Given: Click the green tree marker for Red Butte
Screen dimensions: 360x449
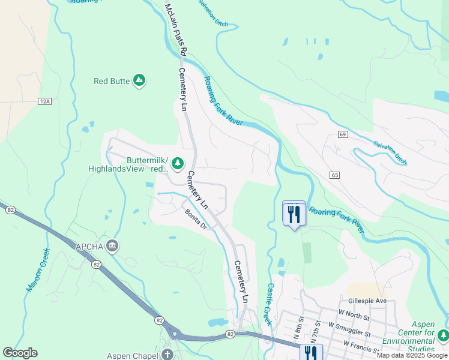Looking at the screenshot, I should pyautogui.click(x=139, y=80).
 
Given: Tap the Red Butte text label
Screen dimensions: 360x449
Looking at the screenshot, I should pyautogui.click(x=112, y=81).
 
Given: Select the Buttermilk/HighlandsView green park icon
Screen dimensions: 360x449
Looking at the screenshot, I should pyautogui.click(x=178, y=163).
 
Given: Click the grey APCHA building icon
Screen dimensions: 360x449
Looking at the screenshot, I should pyautogui.click(x=112, y=246).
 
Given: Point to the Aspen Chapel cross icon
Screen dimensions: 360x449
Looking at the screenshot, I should pyautogui.click(x=166, y=355).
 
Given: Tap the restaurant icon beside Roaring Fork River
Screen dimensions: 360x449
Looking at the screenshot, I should pyautogui.click(x=294, y=214).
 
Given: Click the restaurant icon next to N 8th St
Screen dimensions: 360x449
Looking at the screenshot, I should pyautogui.click(x=310, y=353).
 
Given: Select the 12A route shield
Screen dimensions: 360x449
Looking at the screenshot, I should pyautogui.click(x=44, y=101).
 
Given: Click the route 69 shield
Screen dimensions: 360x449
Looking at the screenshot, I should pyautogui.click(x=343, y=134).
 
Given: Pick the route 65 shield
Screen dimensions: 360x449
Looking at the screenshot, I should pyautogui.click(x=335, y=175).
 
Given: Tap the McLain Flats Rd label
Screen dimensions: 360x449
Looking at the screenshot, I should pyautogui.click(x=175, y=29).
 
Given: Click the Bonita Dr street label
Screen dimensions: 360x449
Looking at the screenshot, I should pyautogui.click(x=196, y=220).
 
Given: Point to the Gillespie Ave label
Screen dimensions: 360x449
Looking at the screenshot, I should pyautogui.click(x=367, y=301).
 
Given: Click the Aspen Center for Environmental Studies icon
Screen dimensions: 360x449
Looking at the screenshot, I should pyautogui.click(x=443, y=334).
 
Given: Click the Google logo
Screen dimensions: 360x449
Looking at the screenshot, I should pyautogui.click(x=20, y=353).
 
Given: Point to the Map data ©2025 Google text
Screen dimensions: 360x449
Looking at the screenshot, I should pyautogui.click(x=412, y=355).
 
